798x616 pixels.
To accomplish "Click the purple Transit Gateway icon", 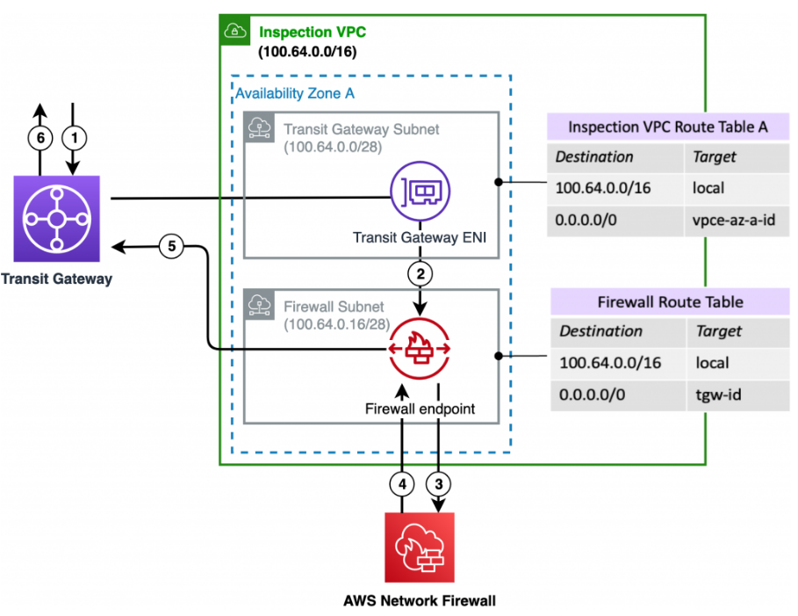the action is [x=56, y=219].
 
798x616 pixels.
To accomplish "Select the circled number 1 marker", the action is [x=75, y=138].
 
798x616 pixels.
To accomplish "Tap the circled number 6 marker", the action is [x=40, y=138].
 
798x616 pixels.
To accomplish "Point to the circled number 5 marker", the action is [x=171, y=246].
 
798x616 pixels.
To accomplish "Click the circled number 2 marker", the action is [x=420, y=274].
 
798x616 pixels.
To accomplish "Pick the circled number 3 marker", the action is [x=438, y=483].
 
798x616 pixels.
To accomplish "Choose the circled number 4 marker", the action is [x=402, y=483].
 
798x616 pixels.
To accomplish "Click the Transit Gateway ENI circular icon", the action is [x=420, y=191].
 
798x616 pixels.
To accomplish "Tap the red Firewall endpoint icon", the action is [x=420, y=349].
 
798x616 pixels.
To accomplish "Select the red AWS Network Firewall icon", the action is [x=420, y=547].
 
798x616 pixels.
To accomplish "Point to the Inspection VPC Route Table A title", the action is [x=668, y=127].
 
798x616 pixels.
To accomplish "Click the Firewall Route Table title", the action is [x=670, y=301].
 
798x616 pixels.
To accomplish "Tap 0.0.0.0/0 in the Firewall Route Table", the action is [x=592, y=395].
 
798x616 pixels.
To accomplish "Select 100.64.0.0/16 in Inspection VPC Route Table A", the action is [x=602, y=188].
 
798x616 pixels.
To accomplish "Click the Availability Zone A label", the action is [x=295, y=94].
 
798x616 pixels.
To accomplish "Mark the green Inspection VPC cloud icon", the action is [x=234, y=31].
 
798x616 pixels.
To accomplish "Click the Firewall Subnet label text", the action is [x=334, y=307].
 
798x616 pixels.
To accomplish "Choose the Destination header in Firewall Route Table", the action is [x=600, y=331].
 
